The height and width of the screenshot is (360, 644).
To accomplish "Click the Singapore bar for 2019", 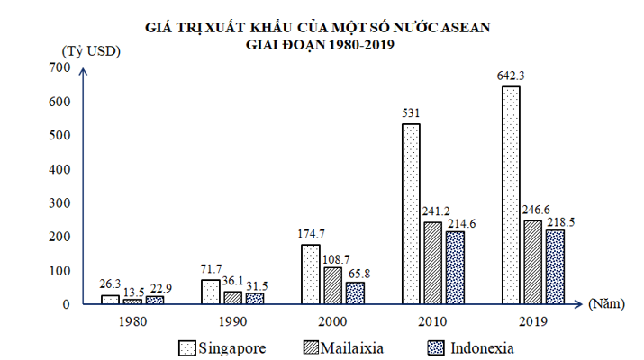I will point(511,195).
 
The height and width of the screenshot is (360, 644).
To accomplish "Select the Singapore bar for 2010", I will point(411,214).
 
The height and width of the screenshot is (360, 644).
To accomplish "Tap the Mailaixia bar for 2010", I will point(432,263).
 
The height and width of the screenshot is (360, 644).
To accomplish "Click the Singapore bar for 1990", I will point(209,292).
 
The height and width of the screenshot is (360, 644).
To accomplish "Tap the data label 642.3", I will point(511,75).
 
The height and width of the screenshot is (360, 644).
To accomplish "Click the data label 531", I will point(411,112).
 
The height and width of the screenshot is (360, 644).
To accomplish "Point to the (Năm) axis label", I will point(610,304).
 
